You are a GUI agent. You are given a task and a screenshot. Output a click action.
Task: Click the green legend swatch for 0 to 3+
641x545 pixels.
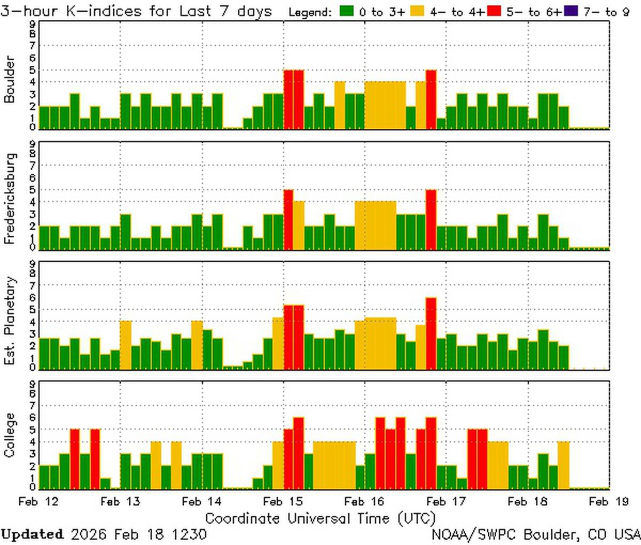pos(346,11)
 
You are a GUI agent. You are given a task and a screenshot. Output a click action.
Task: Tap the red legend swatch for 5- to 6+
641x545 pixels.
pos(494,11)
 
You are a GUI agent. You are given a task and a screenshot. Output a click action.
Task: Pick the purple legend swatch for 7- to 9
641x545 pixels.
pos(570,11)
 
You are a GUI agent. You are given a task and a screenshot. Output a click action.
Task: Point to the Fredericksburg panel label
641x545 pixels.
pos(10,199)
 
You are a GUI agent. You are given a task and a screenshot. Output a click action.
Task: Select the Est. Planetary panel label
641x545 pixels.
pos(10,321)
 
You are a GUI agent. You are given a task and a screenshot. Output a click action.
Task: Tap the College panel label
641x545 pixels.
pos(10,435)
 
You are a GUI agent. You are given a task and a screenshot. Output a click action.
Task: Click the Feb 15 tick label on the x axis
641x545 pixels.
pos(283,502)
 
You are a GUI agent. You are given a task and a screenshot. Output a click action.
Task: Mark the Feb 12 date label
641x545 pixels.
pos(38,502)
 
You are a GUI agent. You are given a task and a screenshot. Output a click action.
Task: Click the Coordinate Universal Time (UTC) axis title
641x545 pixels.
pos(320,518)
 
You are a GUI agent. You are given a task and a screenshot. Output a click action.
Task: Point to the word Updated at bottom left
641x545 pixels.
pos(32,534)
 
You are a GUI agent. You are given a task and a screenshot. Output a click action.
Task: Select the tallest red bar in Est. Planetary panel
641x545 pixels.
pos(431,333)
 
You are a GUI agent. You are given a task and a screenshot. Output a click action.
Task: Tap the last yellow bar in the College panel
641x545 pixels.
pos(564,465)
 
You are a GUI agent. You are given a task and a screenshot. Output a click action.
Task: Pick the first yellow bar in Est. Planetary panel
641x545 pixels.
pos(126,345)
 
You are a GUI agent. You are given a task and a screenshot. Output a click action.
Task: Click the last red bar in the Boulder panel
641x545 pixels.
pos(431,99)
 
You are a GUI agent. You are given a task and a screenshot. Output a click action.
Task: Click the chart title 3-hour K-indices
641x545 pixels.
pos(136,11)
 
